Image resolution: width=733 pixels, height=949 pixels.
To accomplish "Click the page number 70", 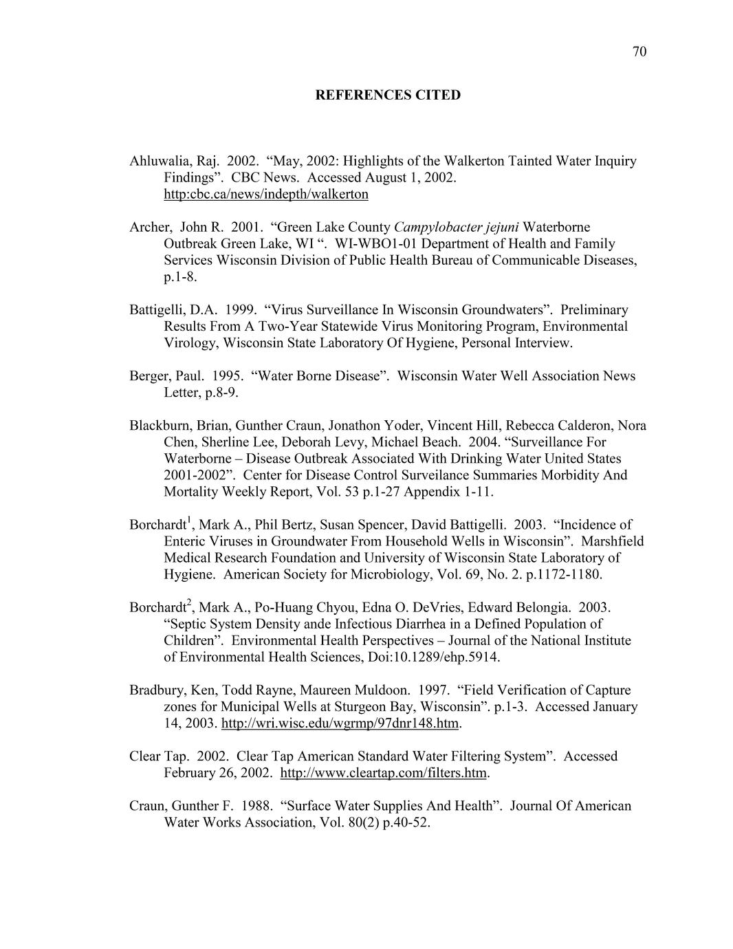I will coord(639,52).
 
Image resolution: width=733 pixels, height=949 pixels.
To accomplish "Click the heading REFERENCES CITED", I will coord(388,95).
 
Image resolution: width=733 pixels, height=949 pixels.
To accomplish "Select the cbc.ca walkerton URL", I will coord(265,194).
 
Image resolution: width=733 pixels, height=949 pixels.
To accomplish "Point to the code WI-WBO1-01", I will coord(372,243).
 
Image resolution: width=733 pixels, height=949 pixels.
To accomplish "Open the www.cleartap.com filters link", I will coord(384,772).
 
